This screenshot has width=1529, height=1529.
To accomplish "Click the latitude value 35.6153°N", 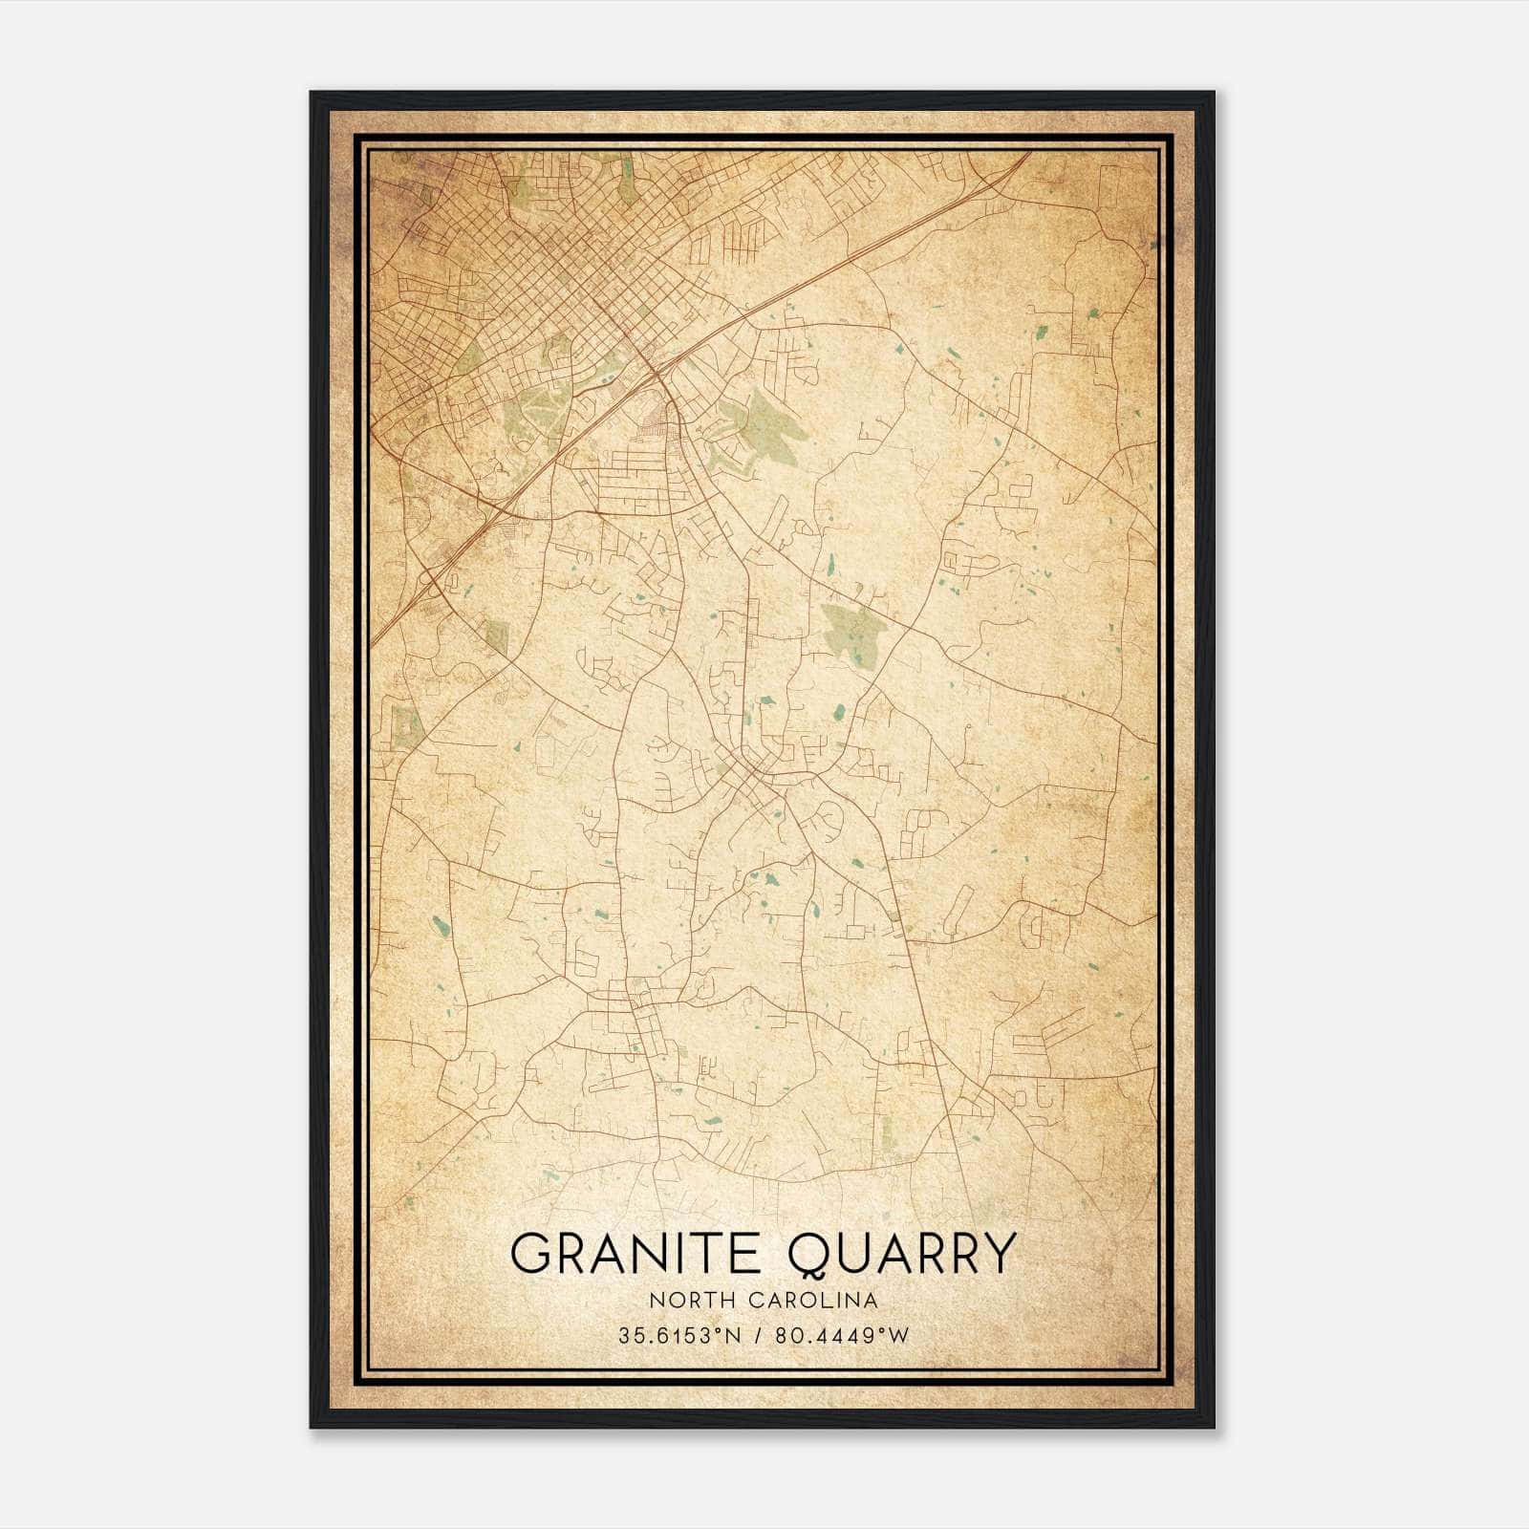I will coord(679,1335).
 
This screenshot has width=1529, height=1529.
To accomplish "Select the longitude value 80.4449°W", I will coord(841,1335).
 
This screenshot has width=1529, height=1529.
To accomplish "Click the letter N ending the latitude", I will coord(733,1335).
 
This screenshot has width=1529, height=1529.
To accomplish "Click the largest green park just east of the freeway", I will coord(769,425).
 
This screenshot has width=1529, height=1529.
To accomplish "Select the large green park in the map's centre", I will coord(853,631).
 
